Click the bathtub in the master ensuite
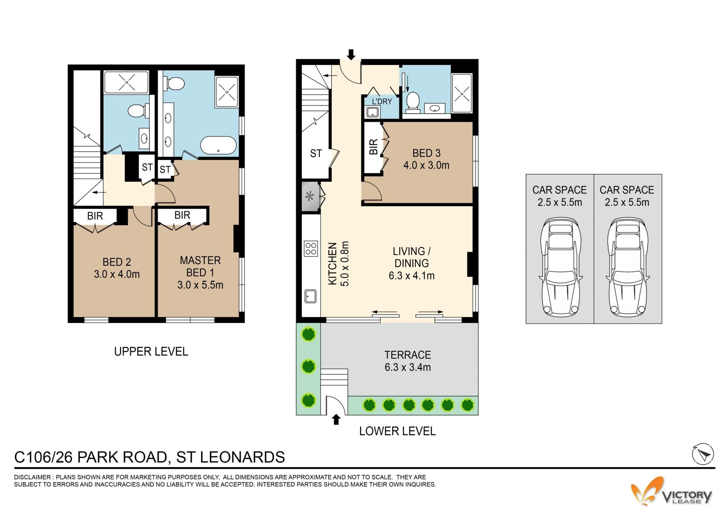click(x=218, y=145)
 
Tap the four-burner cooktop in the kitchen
click(x=311, y=249)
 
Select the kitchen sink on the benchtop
click(x=310, y=296)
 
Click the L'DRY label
click(x=382, y=101)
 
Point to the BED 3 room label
click(x=426, y=153)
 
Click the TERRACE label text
click(x=408, y=355)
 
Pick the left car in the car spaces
click(x=560, y=267)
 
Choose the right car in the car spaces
click(x=627, y=267)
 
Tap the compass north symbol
click(x=703, y=454)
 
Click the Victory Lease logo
click(x=671, y=491)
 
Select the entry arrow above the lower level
click(x=351, y=55)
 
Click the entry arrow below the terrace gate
click(x=336, y=420)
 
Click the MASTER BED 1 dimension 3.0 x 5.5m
click(x=200, y=285)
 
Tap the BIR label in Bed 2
click(x=95, y=216)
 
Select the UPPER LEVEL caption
click(x=151, y=352)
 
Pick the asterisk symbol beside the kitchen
click(x=310, y=196)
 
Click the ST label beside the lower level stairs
click(x=316, y=153)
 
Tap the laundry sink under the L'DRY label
click(x=372, y=112)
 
